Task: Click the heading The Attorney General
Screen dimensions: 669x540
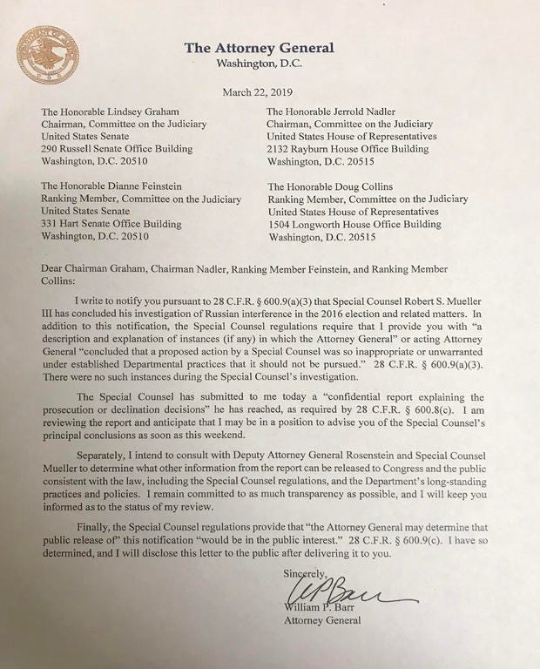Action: point(258,48)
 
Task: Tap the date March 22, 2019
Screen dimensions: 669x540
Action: point(260,91)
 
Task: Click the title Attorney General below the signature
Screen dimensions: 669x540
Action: point(322,621)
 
